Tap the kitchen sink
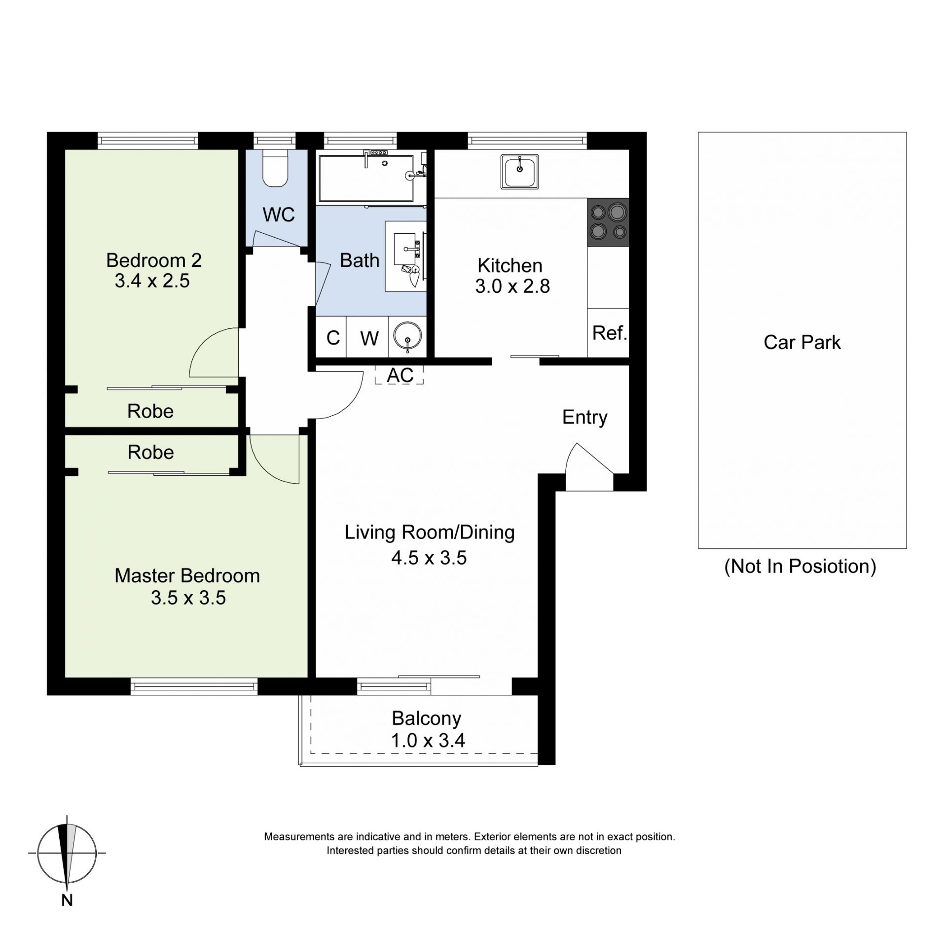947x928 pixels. pos(519,172)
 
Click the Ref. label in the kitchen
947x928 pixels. pos(610,333)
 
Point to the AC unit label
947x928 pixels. pos(400,375)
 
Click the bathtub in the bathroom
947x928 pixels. pos(366,178)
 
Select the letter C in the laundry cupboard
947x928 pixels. pos(333,338)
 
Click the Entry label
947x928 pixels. pos(585,418)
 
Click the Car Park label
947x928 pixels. pos(802,342)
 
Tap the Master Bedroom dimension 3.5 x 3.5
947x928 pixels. pos(188,598)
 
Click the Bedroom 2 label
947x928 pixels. pos(154,260)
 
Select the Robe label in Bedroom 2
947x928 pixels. pos(150,411)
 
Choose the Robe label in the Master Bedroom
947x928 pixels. pos(151,452)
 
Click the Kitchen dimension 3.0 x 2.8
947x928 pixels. pos(512,286)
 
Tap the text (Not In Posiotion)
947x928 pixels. pos(800,566)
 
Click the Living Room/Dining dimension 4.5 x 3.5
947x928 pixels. pos(429,558)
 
